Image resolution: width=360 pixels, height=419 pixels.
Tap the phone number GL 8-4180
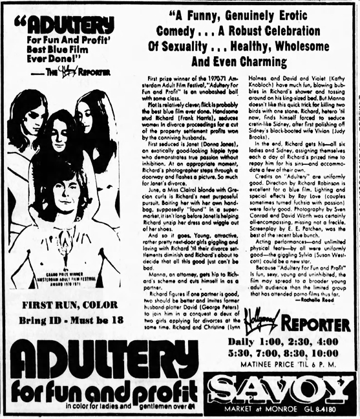tap(332, 409)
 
